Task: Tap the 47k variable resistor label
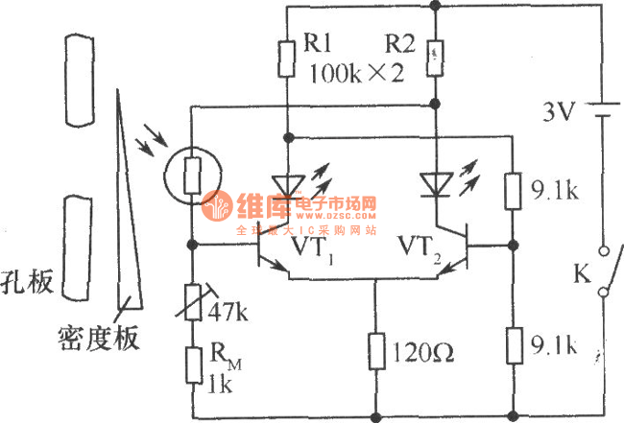pyautogui.click(x=229, y=312)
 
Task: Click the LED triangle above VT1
pyautogui.click(x=288, y=182)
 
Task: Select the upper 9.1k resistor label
pyautogui.click(x=552, y=191)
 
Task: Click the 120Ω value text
pyautogui.click(x=423, y=352)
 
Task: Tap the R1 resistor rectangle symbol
pyautogui.click(x=288, y=59)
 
